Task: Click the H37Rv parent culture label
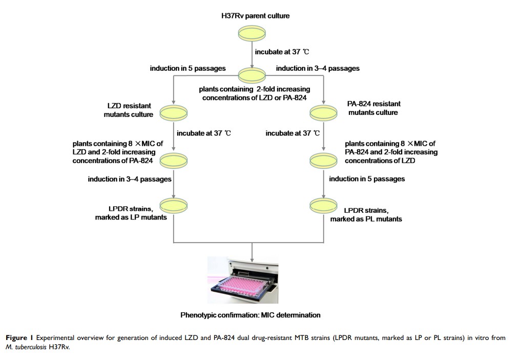coord(252,16)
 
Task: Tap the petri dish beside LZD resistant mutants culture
coord(174,111)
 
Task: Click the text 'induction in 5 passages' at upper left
coord(188,69)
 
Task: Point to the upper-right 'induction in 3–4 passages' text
coord(317,69)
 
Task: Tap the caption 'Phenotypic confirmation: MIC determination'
coord(251,315)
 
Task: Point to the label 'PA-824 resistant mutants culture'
coord(373,108)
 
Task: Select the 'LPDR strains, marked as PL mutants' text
coord(372,215)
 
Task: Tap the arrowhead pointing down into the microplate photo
coord(252,254)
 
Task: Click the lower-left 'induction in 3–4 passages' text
coord(129,179)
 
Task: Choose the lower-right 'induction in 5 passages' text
coord(367,179)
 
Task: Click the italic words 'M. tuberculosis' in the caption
coord(26,347)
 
